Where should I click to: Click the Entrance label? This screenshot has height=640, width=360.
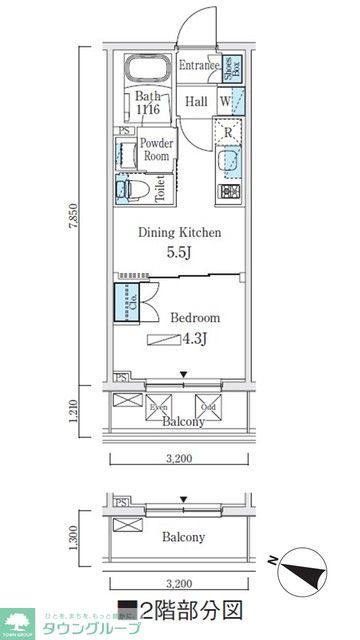point(198,67)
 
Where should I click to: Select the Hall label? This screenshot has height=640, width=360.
point(196,101)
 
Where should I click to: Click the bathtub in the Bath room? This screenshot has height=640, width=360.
point(147,71)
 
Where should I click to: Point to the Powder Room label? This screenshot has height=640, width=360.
point(157,149)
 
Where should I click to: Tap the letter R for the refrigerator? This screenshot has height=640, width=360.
point(228,131)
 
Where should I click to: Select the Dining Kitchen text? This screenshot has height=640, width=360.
point(179,233)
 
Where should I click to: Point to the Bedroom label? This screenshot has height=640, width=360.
point(194,317)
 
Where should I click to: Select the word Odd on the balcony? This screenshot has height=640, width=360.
point(208,407)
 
